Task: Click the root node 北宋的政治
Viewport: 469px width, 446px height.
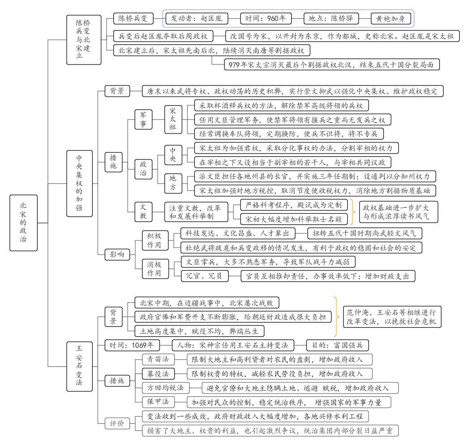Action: (x=23, y=222)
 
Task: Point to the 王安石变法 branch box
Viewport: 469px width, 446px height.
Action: (x=79, y=364)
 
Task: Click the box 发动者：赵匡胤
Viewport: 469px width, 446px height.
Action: (x=197, y=18)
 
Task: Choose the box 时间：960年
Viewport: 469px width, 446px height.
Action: (x=266, y=18)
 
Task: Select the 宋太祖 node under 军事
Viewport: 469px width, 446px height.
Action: (x=172, y=120)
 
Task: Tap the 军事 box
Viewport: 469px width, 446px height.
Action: (x=143, y=120)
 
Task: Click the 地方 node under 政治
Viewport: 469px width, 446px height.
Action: (x=172, y=183)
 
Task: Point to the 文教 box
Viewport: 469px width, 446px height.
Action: (x=143, y=211)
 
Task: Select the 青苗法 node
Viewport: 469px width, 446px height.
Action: (x=156, y=359)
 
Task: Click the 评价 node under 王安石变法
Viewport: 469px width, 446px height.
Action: (x=115, y=423)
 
